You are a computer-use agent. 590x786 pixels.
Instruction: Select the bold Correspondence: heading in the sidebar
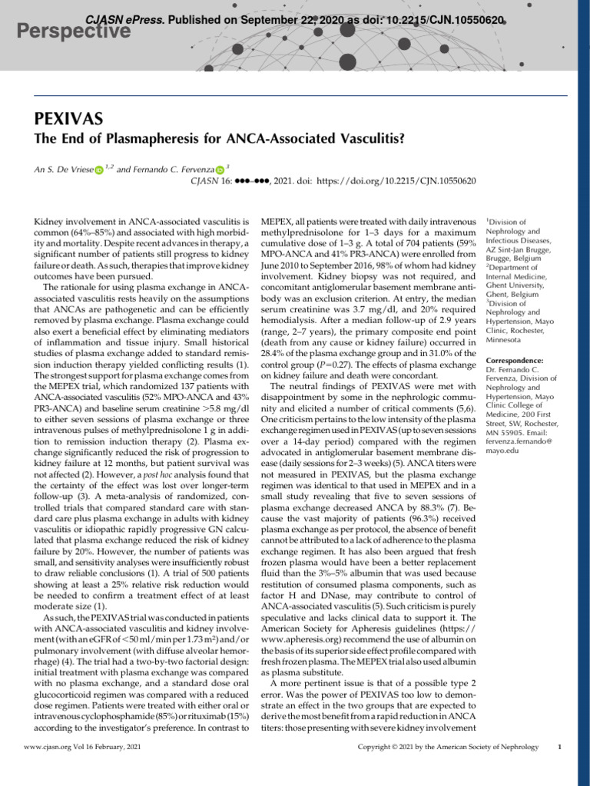tap(515, 360)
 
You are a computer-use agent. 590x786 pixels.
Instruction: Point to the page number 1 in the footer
tap(559, 747)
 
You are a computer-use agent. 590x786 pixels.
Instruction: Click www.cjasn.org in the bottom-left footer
tap(48, 747)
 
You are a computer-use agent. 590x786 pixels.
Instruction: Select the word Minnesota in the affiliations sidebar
tap(505, 340)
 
